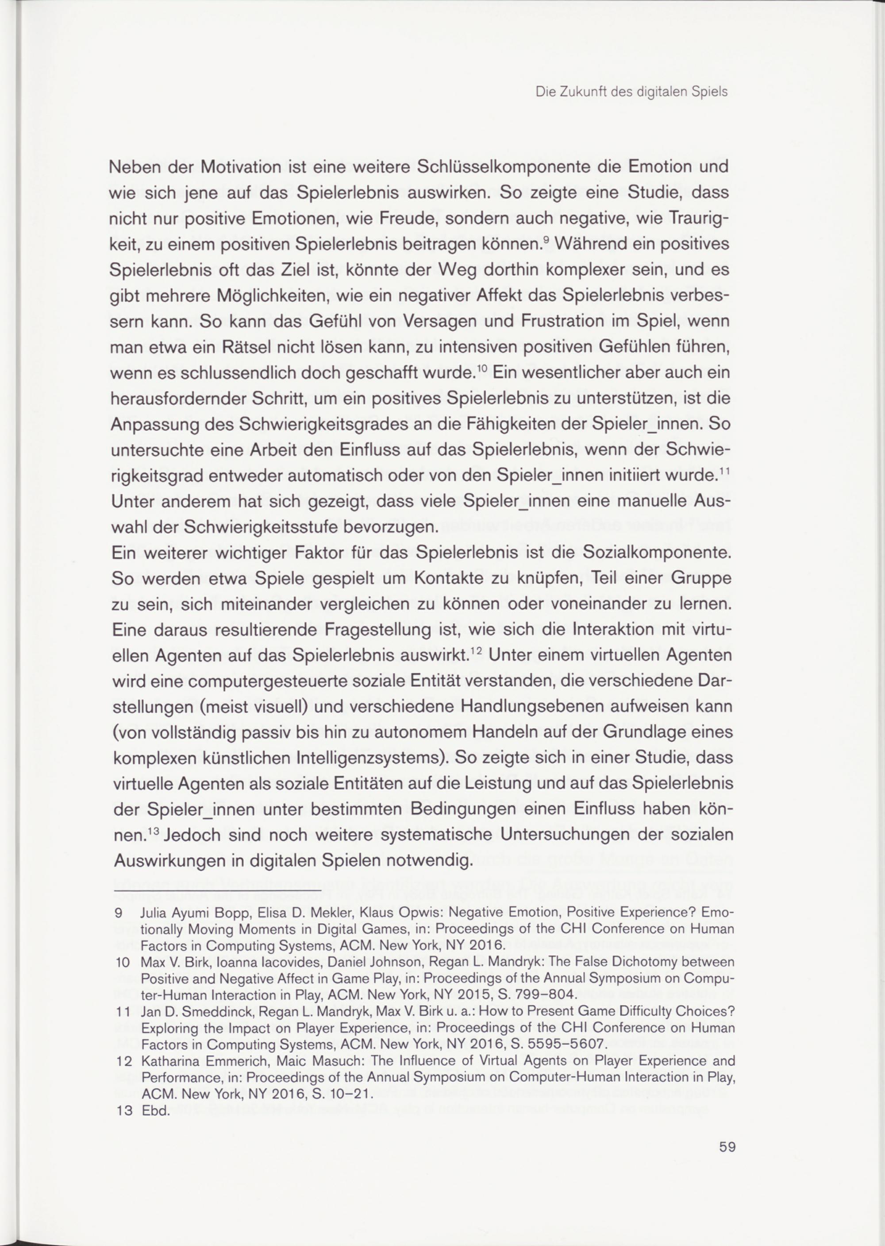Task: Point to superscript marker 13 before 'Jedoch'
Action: (153, 831)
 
